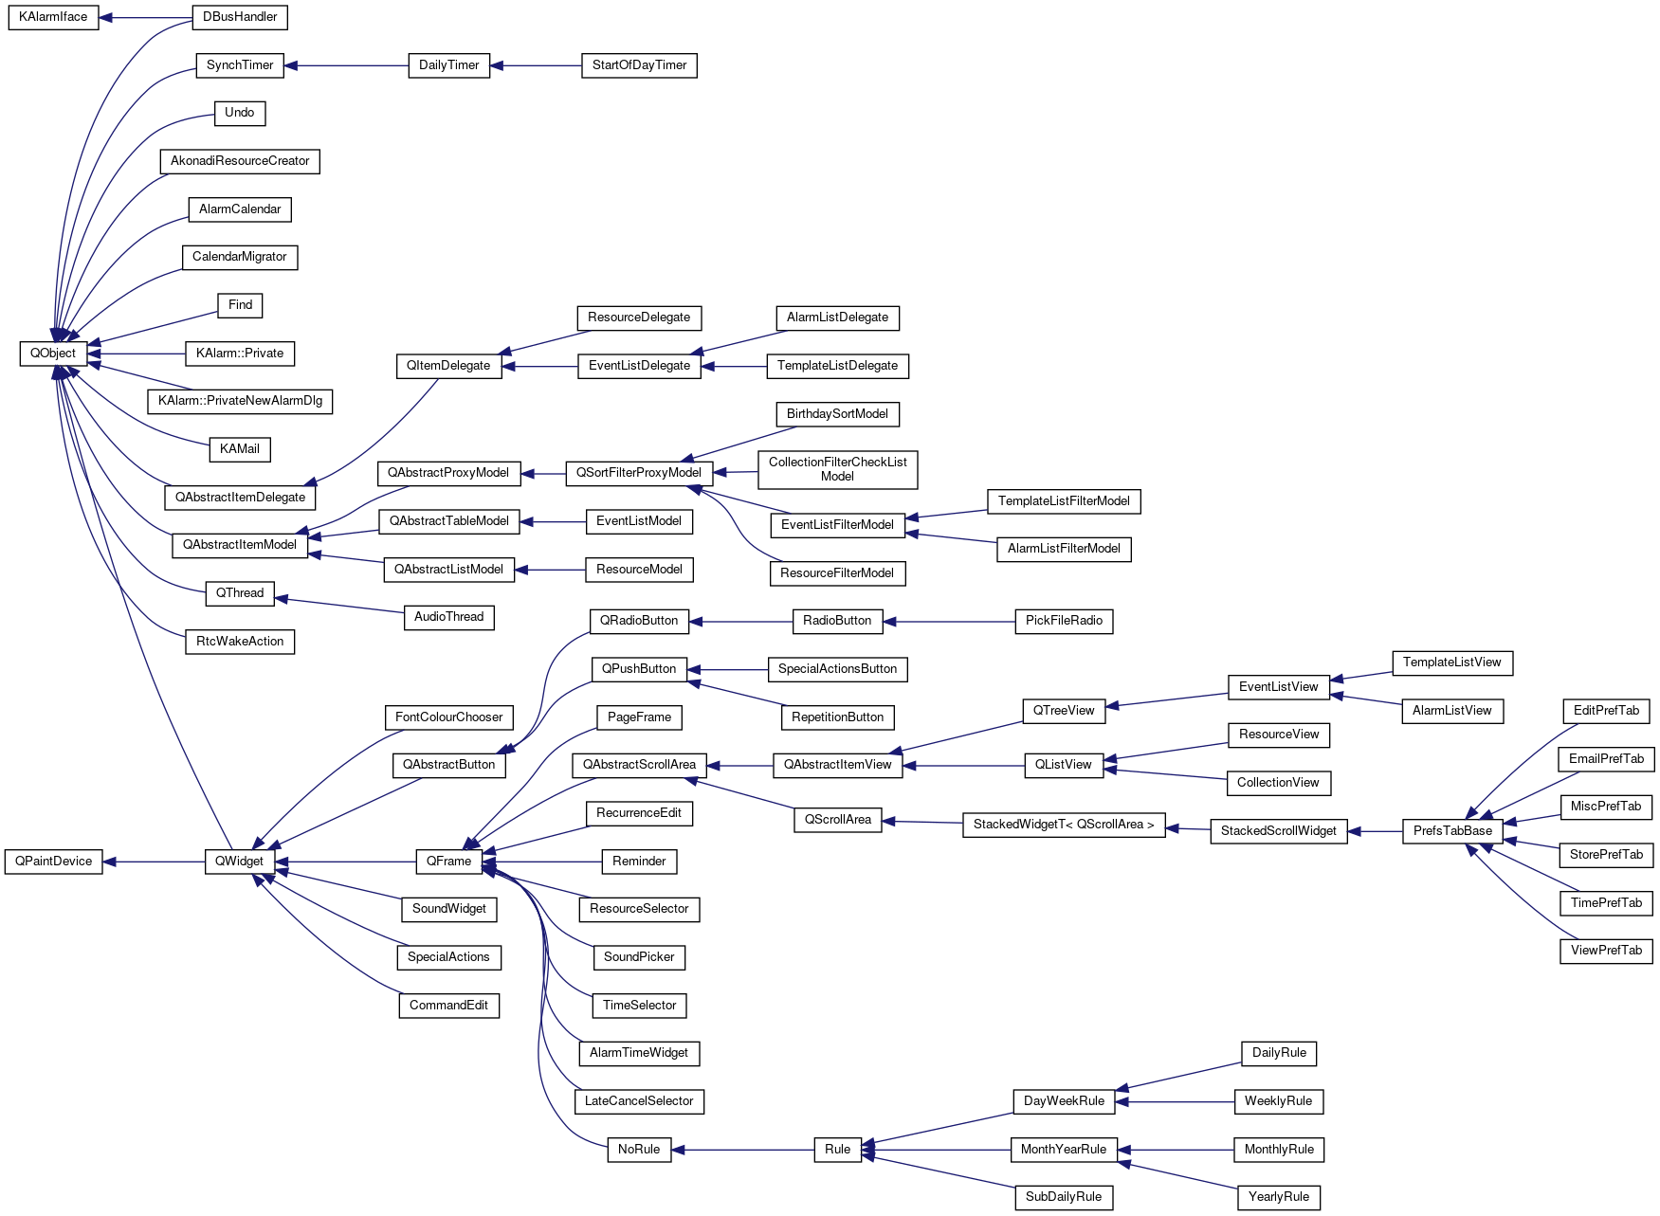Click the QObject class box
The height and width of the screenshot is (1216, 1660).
coord(53,354)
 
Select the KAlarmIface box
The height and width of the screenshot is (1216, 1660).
coord(53,17)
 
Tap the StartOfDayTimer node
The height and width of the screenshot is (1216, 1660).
coord(639,65)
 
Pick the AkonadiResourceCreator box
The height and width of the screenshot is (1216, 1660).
coord(240,161)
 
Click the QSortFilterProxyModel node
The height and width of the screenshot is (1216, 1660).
coord(639,473)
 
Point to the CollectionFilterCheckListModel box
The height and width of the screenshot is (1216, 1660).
coord(837,469)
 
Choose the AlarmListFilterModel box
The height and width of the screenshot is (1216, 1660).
coord(1064,549)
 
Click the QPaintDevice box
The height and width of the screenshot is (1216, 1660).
coord(54,862)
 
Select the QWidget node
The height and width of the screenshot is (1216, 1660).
coord(240,862)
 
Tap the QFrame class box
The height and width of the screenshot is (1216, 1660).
coord(448,862)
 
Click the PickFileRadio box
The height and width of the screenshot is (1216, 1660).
coord(1064,621)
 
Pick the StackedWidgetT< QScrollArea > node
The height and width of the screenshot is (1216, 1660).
coord(1064,825)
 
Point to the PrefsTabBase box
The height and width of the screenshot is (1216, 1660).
coord(1452,831)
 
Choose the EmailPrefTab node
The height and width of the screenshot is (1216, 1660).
coord(1606,759)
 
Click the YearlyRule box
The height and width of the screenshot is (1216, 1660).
coord(1279,1197)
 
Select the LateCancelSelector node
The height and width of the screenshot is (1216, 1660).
coord(639,1101)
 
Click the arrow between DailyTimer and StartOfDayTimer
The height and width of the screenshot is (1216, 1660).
coord(536,65)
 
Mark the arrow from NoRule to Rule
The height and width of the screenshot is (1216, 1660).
coord(743,1150)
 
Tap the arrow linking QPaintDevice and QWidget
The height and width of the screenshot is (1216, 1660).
coord(154,862)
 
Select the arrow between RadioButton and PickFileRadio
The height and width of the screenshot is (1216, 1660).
coord(949,622)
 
